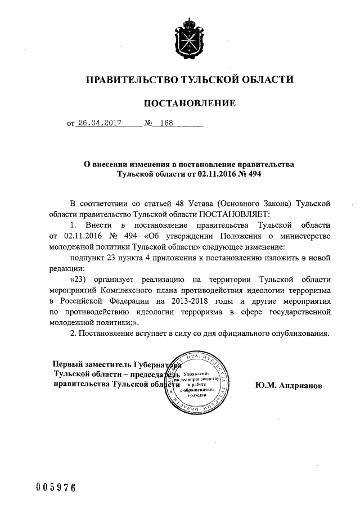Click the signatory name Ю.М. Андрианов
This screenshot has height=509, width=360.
(x=289, y=387)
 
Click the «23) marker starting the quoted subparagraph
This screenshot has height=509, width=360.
(x=79, y=280)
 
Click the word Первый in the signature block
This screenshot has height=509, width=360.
(x=67, y=364)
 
